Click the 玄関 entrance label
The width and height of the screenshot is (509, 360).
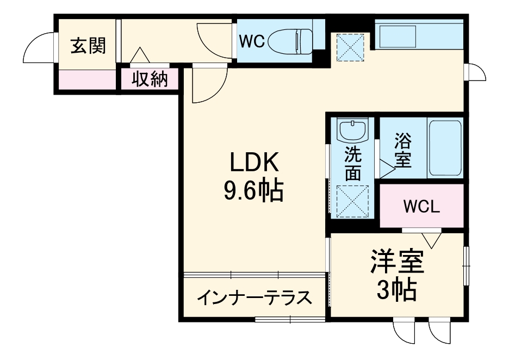88,46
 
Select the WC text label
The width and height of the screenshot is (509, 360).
252,41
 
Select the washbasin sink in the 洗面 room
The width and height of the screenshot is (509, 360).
352,131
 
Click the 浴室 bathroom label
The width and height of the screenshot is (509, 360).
402,151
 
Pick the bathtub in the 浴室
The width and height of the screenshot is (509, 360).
445,148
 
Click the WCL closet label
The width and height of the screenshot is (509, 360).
421,207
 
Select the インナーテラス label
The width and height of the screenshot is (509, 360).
254,297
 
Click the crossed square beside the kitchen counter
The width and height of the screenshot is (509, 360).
350,46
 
